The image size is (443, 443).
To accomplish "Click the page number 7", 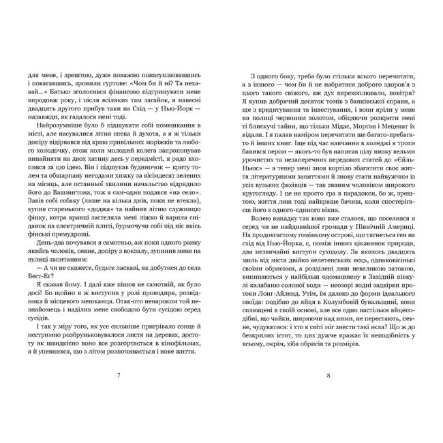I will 119,374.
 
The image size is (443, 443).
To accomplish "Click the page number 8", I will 328,374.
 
